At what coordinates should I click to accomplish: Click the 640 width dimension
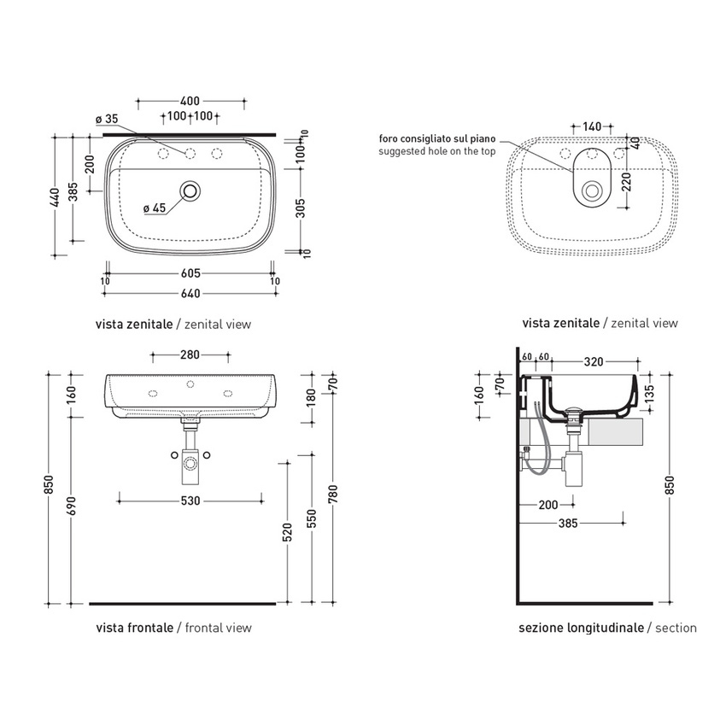(x=190, y=294)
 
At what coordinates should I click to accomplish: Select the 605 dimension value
(x=190, y=273)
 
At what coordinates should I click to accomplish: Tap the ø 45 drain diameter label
(x=155, y=208)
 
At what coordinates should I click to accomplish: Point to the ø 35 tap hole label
(x=107, y=119)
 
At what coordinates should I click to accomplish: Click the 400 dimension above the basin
(x=190, y=101)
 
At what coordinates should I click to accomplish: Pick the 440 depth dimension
(x=56, y=197)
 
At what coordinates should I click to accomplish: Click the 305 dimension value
(x=301, y=208)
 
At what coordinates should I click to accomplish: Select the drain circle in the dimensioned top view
(x=190, y=190)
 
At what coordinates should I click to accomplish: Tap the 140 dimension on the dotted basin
(x=592, y=126)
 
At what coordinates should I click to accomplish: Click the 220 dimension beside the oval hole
(x=626, y=182)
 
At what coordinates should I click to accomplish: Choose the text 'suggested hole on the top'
(x=437, y=151)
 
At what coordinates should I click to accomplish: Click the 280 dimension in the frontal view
(x=190, y=354)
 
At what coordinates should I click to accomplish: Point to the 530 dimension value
(x=190, y=501)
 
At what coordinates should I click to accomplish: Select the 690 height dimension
(x=72, y=506)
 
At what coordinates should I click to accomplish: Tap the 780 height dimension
(x=333, y=495)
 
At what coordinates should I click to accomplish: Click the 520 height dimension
(x=288, y=532)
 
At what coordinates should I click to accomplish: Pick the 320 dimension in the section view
(x=594, y=361)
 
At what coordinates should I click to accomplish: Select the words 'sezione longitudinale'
(x=581, y=629)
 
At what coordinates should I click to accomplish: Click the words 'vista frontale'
(x=135, y=629)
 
